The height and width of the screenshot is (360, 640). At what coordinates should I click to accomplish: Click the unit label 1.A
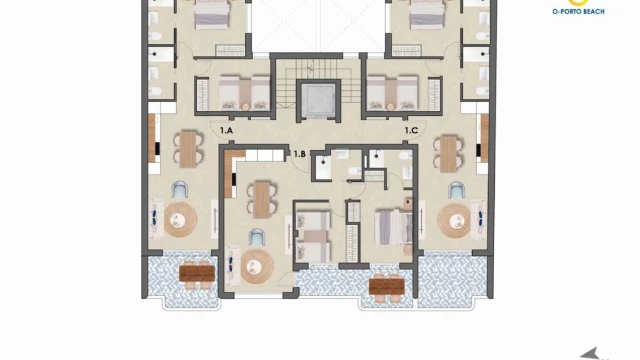tap(226, 131)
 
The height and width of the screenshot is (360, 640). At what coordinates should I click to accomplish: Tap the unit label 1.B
tap(300, 154)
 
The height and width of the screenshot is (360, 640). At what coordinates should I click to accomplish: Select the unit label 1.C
tap(411, 131)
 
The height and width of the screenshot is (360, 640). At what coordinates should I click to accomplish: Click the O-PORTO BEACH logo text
tap(578, 11)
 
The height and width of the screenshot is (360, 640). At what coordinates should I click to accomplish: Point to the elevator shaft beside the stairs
tap(318, 101)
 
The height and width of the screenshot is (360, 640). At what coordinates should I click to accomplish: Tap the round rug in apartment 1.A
tap(181, 220)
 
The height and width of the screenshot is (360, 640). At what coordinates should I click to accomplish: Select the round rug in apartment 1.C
tap(454, 221)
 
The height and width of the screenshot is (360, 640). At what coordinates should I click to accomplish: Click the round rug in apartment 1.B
tap(257, 267)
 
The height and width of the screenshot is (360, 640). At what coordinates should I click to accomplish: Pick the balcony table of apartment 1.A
tap(197, 273)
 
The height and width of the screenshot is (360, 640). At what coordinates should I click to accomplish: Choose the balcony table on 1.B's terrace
tap(387, 286)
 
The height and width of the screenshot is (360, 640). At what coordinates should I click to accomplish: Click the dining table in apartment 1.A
tap(188, 149)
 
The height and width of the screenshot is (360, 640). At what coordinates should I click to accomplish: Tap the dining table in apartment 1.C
tap(448, 154)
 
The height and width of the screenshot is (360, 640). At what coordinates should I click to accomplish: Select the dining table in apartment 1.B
tap(262, 200)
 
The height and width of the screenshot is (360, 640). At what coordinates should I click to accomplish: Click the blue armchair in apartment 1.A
tap(180, 190)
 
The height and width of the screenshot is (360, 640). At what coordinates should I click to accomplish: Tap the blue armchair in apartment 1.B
tap(257, 237)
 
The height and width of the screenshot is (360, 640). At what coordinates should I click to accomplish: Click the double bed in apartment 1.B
tap(393, 227)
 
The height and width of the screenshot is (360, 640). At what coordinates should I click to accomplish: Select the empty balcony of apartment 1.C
tap(452, 280)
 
